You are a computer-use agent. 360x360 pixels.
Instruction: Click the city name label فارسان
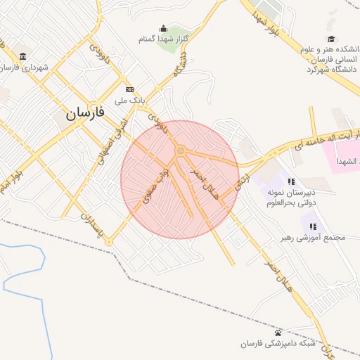(85, 112)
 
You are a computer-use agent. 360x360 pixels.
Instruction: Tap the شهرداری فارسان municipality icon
(23, 56)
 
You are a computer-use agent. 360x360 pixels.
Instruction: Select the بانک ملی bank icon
(129, 89)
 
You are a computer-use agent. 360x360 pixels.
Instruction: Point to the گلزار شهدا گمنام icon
(164, 29)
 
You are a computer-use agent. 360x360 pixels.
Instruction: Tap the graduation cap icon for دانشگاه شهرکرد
(330, 39)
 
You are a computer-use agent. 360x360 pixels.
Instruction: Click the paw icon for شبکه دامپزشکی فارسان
(278, 332)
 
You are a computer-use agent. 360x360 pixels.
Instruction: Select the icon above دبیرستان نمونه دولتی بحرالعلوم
(291, 181)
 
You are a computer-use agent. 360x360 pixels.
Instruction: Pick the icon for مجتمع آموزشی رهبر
(312, 226)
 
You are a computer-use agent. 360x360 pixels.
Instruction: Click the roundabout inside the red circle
(181, 150)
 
